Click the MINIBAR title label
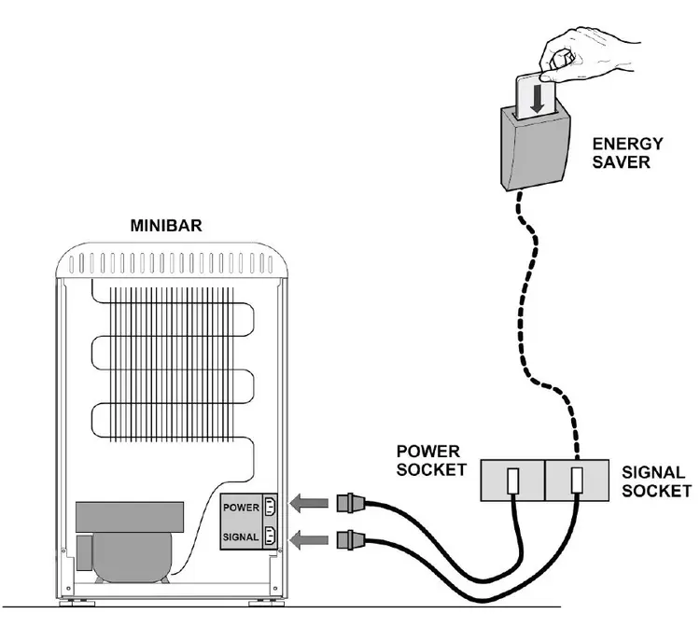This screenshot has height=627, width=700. [166, 226]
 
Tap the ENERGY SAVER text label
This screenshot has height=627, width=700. [627, 153]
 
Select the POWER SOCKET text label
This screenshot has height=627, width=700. [431, 461]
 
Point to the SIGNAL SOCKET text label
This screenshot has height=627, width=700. [657, 481]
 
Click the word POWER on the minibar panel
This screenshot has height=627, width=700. [241, 508]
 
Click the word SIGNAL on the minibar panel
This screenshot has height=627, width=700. [241, 537]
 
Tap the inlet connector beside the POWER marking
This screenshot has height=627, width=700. [270, 507]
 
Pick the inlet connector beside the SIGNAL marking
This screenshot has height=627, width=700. [270, 536]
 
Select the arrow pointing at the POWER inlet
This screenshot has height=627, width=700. [309, 504]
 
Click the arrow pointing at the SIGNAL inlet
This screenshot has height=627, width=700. [309, 540]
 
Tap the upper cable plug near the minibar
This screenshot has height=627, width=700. [351, 503]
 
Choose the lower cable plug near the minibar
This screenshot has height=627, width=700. [351, 540]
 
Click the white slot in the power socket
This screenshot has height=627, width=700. [513, 481]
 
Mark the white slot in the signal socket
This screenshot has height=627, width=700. [577, 481]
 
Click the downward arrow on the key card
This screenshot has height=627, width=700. [538, 98]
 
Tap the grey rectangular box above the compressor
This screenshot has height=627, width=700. [130, 517]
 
